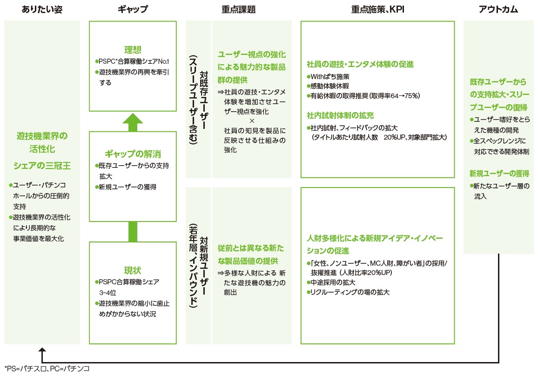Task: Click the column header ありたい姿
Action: click(41, 9)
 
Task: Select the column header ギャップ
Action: click(133, 9)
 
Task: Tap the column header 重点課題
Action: click(239, 9)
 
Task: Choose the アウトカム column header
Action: click(498, 9)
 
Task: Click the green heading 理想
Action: click(133, 50)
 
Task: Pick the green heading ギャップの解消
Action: click(133, 154)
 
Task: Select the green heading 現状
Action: click(133, 270)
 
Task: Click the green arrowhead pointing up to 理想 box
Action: click(133, 120)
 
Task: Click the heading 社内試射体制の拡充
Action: click(340, 115)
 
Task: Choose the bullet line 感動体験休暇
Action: click(328, 86)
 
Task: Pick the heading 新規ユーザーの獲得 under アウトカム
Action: click(499, 174)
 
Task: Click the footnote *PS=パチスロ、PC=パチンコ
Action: click(47, 369)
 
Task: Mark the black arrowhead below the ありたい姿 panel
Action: click(42, 350)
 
